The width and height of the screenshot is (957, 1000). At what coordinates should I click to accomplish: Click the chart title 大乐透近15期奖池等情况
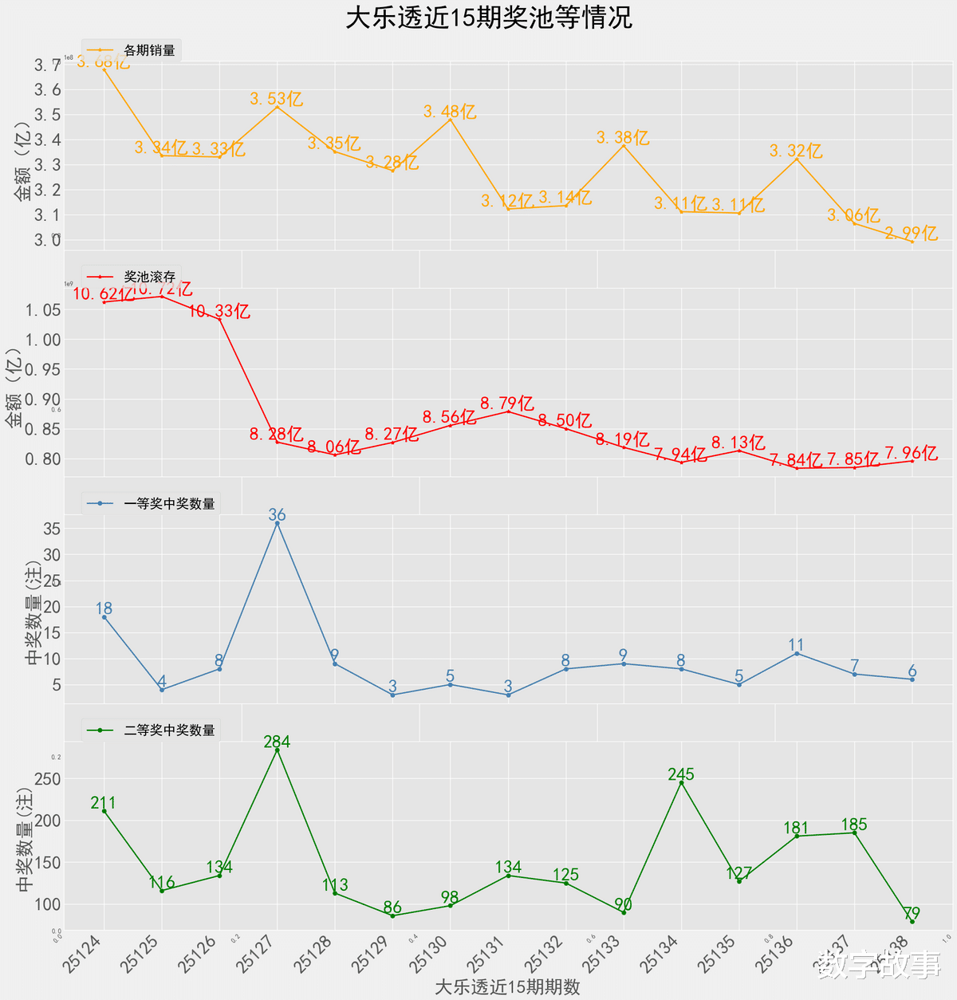tap(489, 18)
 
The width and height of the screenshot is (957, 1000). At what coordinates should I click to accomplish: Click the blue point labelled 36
tap(277, 523)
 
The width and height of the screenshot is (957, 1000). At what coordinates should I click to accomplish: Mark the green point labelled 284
tap(277, 750)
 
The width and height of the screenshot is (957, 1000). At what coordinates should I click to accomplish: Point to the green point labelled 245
tap(681, 783)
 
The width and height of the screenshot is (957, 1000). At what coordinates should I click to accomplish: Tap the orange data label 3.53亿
tap(276, 99)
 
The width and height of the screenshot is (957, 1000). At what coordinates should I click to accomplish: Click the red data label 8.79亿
tap(507, 404)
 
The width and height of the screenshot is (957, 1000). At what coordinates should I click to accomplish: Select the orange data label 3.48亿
tap(450, 112)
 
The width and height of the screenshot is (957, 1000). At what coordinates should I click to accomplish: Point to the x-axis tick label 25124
tap(83, 954)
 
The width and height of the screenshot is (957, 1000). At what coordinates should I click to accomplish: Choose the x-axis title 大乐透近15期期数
tap(507, 986)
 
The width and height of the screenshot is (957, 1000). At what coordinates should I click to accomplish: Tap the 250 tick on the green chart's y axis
tap(47, 779)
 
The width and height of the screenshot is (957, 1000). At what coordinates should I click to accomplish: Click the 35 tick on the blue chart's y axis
tap(52, 529)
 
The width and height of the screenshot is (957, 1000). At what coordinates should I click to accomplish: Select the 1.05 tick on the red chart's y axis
tap(43, 309)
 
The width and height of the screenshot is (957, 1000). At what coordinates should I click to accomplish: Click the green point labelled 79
tap(912, 922)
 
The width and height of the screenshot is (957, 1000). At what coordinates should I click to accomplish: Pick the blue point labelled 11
tap(797, 654)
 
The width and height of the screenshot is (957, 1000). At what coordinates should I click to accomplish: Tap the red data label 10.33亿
tap(219, 311)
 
